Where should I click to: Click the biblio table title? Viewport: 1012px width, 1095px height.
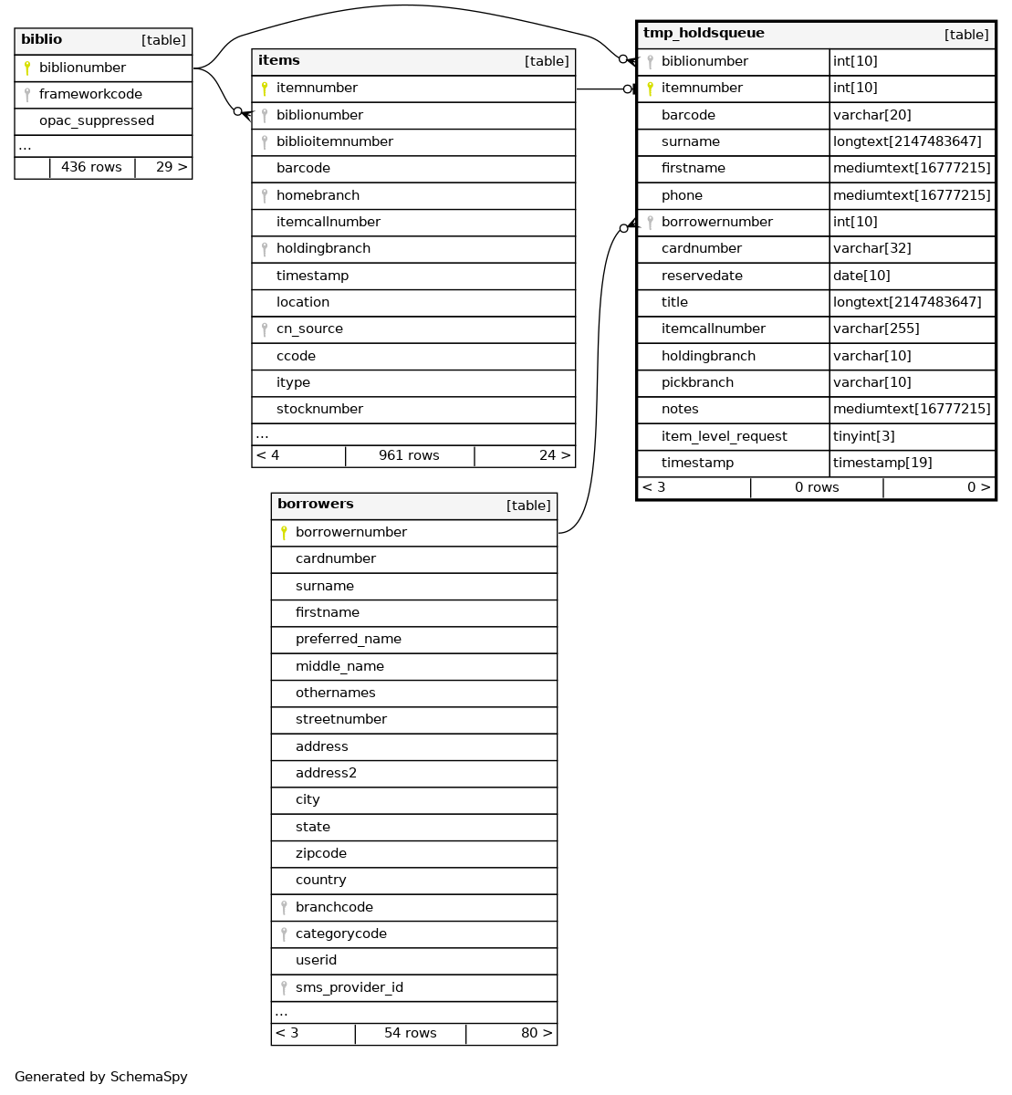pyautogui.click(x=42, y=40)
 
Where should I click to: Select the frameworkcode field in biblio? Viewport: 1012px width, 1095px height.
pyautogui.click(x=90, y=94)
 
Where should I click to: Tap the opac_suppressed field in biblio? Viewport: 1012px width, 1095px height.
pyautogui.click(x=96, y=120)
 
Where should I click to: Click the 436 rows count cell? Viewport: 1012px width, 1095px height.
pyautogui.click(x=91, y=167)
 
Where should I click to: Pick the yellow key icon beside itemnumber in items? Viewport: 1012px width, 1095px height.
pyautogui.click(x=265, y=89)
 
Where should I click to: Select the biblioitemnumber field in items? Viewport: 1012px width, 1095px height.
pyautogui.click(x=334, y=141)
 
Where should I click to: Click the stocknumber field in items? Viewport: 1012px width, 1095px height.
pyautogui.click(x=319, y=409)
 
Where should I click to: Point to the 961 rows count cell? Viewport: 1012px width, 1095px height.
pyautogui.click(x=409, y=455)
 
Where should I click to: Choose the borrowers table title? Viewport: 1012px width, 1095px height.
pyautogui.click(x=315, y=505)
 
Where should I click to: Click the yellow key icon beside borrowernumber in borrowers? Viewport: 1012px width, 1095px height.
pyautogui.click(x=284, y=532)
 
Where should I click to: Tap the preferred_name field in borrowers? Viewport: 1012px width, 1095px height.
pyautogui.click(x=348, y=639)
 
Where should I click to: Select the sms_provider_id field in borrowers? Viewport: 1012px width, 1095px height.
pyautogui.click(x=349, y=987)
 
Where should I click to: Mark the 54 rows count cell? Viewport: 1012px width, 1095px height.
pyautogui.click(x=410, y=1033)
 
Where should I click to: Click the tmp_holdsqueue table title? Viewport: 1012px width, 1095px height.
pyautogui.click(x=691, y=34)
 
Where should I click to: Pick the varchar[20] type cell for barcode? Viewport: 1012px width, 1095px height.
pyautogui.click(x=871, y=115)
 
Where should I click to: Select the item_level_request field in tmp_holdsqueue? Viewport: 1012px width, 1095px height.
pyautogui.click(x=724, y=436)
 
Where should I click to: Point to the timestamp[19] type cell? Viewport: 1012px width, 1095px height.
pyautogui.click(x=882, y=463)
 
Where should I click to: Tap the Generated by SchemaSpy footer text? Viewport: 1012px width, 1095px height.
pyautogui.click(x=101, y=1077)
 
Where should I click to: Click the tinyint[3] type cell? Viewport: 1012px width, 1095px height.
pyautogui.click(x=863, y=436)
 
